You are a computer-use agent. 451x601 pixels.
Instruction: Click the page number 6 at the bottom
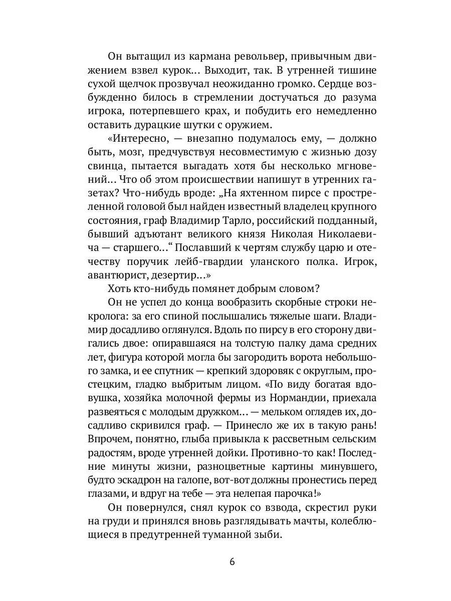[x=232, y=561]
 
